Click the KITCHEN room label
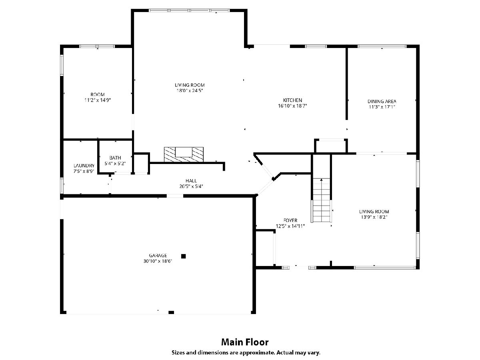[x=292, y=100]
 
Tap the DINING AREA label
[x=382, y=102]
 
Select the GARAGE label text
[x=158, y=255]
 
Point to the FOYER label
[x=290, y=220]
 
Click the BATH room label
[x=115, y=158]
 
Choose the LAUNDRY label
[x=84, y=166]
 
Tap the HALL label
[x=191, y=181]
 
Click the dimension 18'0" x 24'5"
[x=190, y=90]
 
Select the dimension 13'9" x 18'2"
[x=374, y=217]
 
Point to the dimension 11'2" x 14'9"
[x=98, y=100]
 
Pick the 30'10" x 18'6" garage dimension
[x=158, y=261]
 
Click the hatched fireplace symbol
[x=184, y=154]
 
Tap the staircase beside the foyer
[x=321, y=200]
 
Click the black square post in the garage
[x=184, y=256]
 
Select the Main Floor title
[x=245, y=342]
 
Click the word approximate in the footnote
[x=257, y=352]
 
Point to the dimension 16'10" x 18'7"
[x=292, y=106]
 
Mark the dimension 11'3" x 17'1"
[x=382, y=107]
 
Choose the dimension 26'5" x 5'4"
[x=191, y=186]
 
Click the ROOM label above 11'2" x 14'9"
[x=98, y=95]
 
